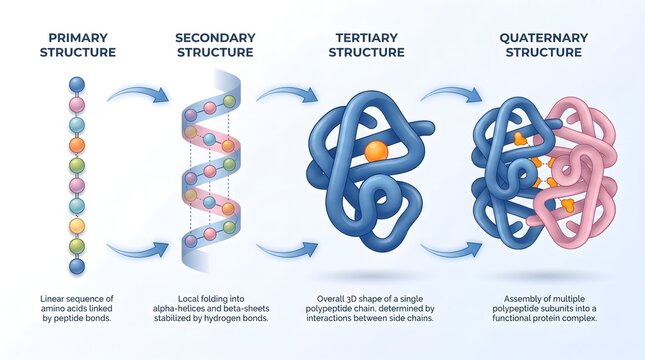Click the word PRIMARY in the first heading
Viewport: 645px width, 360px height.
click(76, 38)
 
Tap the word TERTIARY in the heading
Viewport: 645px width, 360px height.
click(366, 38)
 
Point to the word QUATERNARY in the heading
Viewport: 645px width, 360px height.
click(540, 38)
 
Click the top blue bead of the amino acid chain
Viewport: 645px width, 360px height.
click(77, 84)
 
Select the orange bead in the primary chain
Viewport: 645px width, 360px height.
click(77, 145)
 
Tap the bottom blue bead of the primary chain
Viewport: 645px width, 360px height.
click(77, 266)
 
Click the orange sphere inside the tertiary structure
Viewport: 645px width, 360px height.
click(376, 152)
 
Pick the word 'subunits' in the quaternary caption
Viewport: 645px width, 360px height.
click(561, 309)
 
